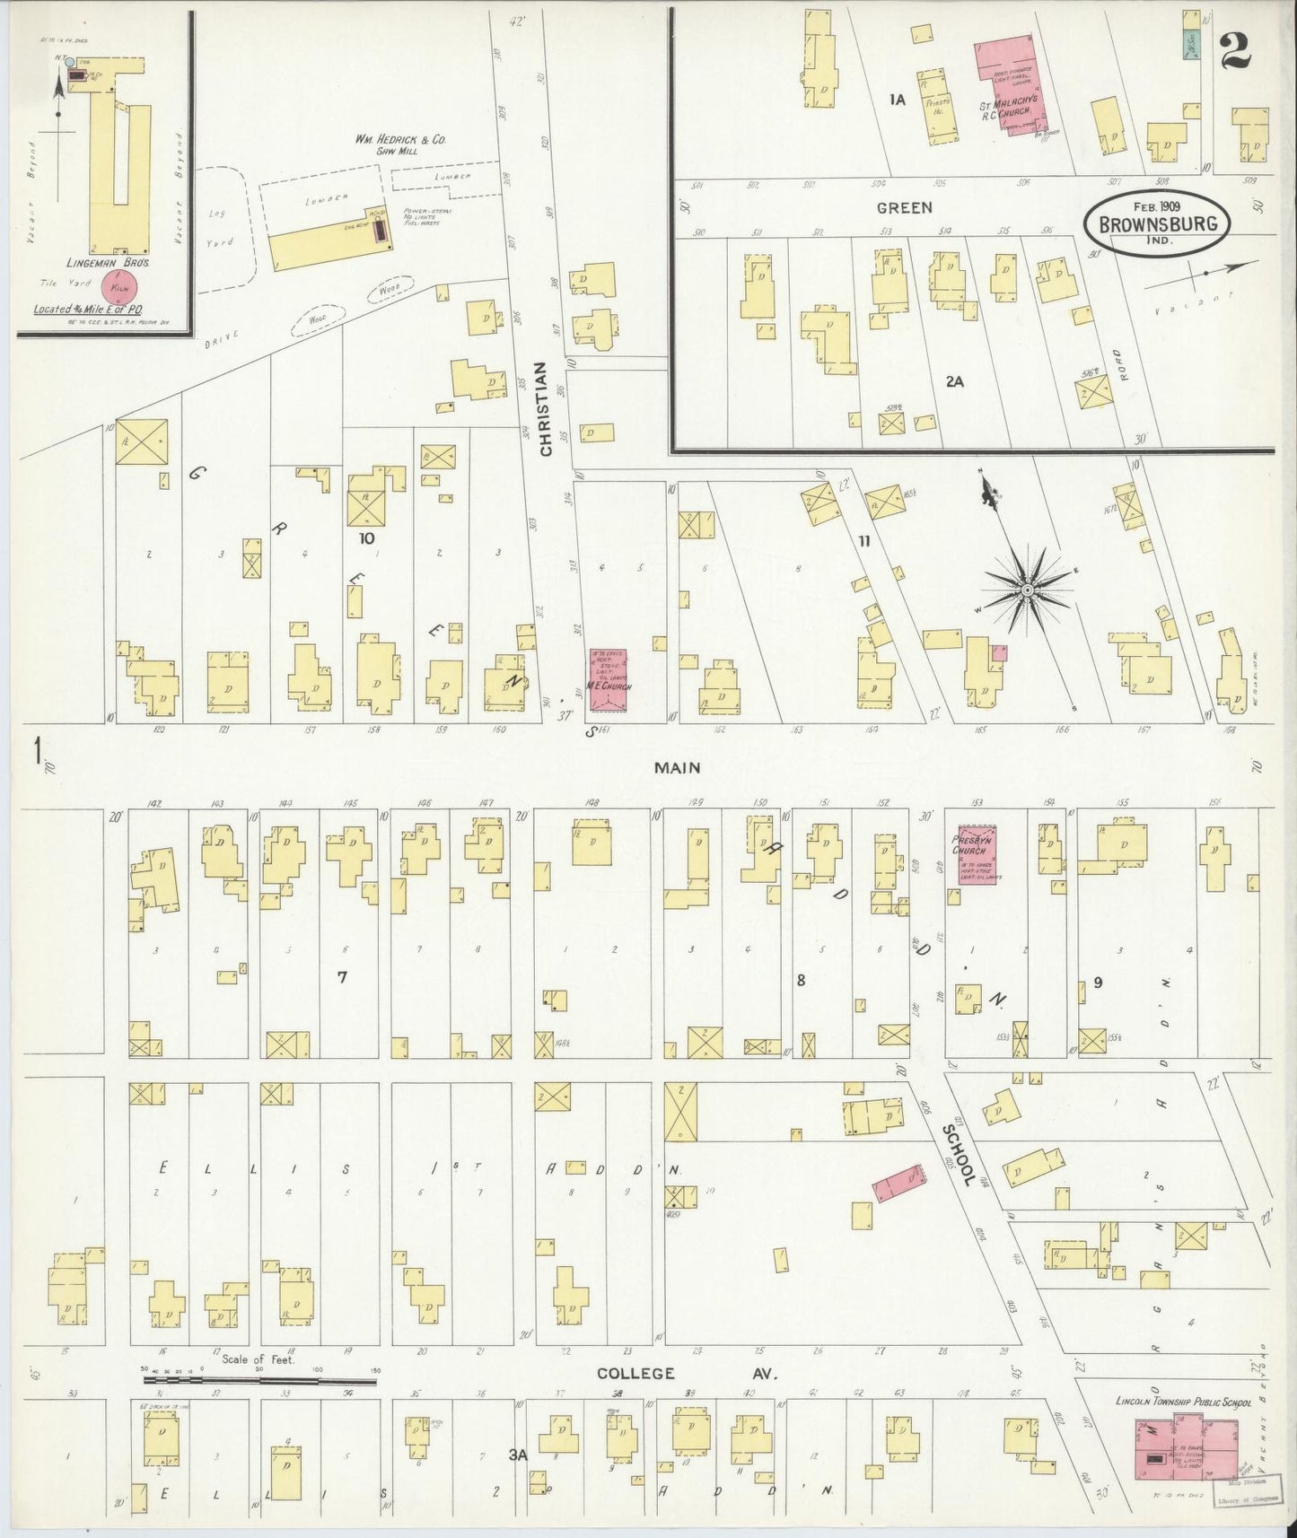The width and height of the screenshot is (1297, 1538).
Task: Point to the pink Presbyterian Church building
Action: pyautogui.click(x=977, y=855)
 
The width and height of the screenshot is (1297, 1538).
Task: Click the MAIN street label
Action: pyautogui.click(x=677, y=768)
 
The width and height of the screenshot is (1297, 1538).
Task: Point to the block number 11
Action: pyautogui.click(x=863, y=541)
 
